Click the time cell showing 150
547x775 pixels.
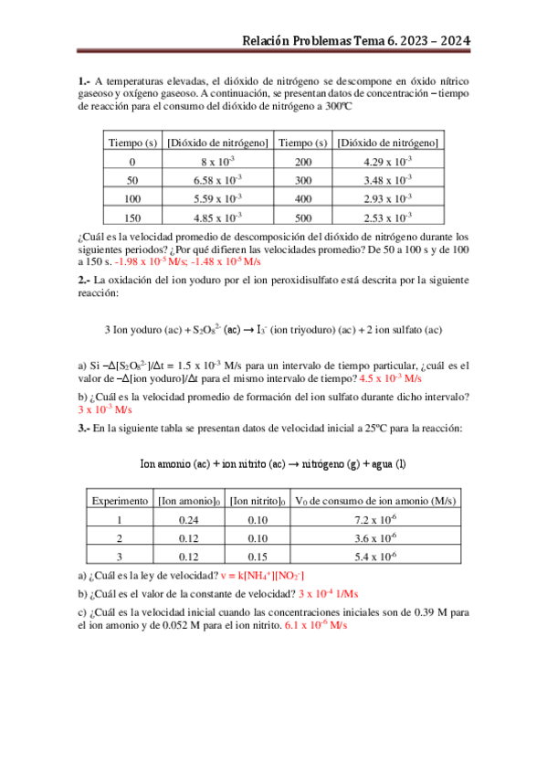(x=132, y=218)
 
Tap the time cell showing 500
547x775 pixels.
(x=303, y=218)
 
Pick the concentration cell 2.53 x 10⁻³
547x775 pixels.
(x=389, y=218)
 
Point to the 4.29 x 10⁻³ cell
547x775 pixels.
(x=389, y=161)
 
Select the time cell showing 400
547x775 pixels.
(x=303, y=198)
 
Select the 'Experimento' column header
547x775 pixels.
(x=119, y=501)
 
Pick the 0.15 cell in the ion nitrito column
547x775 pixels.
(x=258, y=556)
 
